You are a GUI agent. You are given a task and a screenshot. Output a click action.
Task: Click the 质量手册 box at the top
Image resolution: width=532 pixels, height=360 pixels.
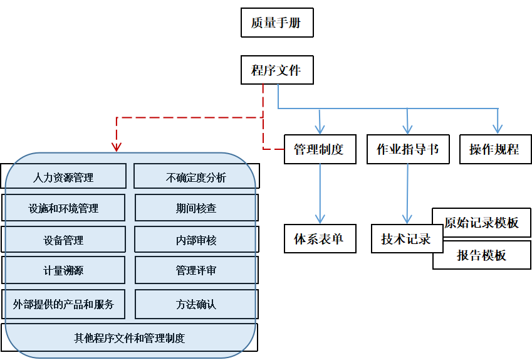(277, 23)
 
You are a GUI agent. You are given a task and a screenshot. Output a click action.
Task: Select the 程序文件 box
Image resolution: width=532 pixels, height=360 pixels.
(277, 70)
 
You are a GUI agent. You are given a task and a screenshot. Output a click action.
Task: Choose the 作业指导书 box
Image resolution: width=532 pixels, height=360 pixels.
(408, 149)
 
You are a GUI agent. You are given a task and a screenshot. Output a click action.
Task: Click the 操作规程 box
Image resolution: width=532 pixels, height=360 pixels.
(494, 149)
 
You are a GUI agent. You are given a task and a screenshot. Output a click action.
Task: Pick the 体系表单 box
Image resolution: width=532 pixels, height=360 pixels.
(320, 239)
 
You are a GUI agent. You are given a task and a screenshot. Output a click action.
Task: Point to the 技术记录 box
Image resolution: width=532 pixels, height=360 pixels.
(405, 239)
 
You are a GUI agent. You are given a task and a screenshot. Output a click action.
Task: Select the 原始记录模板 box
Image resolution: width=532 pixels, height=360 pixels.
(482, 223)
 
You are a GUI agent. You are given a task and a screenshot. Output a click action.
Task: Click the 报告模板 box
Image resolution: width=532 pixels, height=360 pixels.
(482, 255)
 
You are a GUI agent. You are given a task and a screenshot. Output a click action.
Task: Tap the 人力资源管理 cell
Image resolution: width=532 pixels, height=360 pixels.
(63, 177)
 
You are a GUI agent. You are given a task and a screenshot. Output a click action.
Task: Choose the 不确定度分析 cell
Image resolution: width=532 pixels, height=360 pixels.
(196, 177)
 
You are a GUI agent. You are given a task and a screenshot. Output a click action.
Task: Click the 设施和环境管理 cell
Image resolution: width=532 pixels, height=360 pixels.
(63, 208)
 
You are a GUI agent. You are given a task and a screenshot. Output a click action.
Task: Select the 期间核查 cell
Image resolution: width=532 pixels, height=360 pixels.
(196, 208)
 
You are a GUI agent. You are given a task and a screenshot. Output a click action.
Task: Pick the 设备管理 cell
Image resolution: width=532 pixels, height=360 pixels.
(63, 240)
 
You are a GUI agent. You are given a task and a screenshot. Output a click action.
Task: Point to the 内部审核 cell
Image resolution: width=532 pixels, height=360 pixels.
(196, 240)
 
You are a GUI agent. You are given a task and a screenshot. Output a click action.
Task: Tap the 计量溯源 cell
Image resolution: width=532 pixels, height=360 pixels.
(63, 271)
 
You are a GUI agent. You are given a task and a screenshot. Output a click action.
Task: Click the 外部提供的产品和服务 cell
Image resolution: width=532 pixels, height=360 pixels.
(63, 304)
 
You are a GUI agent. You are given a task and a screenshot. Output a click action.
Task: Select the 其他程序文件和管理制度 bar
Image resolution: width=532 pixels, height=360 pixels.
(130, 338)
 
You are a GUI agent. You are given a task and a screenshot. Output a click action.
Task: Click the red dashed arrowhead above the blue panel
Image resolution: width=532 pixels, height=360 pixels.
(116, 147)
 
